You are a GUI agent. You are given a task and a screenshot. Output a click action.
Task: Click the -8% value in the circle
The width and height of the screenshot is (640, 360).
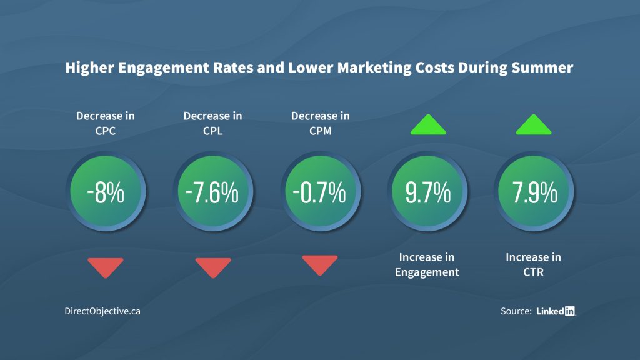click(x=106, y=192)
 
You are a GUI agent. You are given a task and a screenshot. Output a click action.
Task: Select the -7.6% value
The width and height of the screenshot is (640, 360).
click(x=212, y=192)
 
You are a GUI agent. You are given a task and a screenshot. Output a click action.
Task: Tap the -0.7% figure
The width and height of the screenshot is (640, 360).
click(x=319, y=192)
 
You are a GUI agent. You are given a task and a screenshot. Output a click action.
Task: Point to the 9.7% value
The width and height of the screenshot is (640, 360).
click(x=427, y=192)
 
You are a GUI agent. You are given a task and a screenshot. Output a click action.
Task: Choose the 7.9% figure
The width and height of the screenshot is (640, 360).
click(x=534, y=192)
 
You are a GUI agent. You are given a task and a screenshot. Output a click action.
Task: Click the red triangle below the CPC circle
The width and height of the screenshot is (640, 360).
click(x=106, y=267)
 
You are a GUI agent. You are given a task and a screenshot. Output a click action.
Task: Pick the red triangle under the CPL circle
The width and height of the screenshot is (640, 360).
click(x=212, y=267)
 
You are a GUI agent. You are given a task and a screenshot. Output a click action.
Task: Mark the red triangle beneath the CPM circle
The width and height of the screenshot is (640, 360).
click(x=319, y=264)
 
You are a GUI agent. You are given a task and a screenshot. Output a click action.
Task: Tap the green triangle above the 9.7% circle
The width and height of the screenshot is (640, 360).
click(x=427, y=125)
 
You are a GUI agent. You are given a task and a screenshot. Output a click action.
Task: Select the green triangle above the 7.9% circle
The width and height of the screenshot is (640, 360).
click(x=534, y=125)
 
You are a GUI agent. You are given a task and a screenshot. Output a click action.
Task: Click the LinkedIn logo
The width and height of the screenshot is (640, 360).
click(x=556, y=311)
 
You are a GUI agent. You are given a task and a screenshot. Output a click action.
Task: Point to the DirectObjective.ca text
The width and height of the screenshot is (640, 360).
click(x=102, y=311)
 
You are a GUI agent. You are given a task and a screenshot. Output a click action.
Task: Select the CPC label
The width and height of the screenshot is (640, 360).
click(x=106, y=131)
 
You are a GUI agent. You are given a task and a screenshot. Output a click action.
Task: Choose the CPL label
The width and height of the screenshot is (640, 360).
click(x=212, y=131)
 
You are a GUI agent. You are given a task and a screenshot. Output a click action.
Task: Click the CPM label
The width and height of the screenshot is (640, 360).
click(x=320, y=131)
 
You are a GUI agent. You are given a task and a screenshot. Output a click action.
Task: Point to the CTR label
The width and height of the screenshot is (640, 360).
click(x=533, y=272)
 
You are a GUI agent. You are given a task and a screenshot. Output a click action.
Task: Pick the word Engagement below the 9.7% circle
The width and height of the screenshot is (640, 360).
click(x=427, y=272)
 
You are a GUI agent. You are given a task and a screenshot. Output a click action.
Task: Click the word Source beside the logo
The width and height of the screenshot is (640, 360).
click(x=516, y=311)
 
